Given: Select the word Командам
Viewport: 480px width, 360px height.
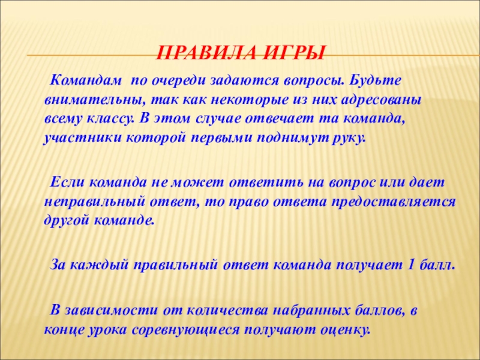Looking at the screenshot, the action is point(86,81).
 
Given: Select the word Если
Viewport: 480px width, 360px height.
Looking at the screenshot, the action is point(68,183).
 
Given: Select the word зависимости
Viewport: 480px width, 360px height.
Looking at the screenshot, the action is point(111,311).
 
